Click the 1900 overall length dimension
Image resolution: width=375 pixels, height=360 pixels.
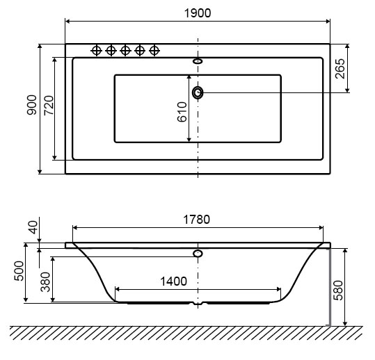(198, 13)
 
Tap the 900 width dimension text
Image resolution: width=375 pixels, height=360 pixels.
(32, 105)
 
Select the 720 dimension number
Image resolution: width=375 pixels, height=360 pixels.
(49, 105)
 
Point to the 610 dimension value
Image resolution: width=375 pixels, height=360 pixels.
(182, 112)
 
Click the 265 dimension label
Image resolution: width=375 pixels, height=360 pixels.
(340, 69)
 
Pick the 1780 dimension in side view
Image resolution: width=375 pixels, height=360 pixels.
(197, 220)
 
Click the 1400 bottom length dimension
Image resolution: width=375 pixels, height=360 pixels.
(173, 281)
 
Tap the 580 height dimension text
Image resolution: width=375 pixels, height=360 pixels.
(338, 291)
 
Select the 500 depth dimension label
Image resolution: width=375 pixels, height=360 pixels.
(19, 271)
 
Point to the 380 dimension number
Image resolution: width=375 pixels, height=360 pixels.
(45, 282)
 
